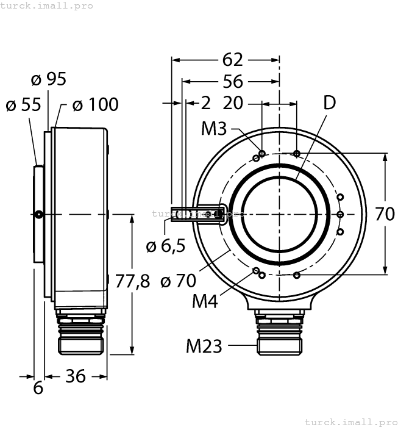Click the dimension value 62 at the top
[x=232, y=60]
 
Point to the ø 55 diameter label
[x=23, y=105]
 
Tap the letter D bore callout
[x=329, y=103]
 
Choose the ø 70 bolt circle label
[x=178, y=281]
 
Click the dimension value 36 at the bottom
[x=75, y=376]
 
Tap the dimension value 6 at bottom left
[x=38, y=388]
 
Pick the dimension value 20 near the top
[x=233, y=103]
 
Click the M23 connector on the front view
[x=279, y=332]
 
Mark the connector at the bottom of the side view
[x=80, y=332]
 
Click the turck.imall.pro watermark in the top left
[x=47, y=5]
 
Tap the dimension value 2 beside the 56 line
[x=205, y=103]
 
